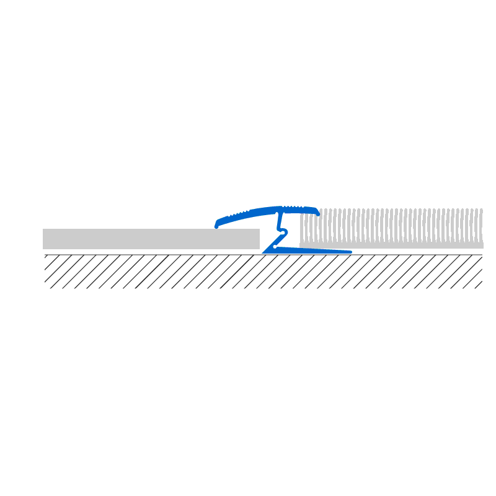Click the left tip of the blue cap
pos(216,226)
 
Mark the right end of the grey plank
pos(258,239)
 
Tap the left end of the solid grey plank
pos(44,239)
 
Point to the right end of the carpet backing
pos(482,245)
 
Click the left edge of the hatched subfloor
pos(45,272)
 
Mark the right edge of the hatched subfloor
pos(482,272)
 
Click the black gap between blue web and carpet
pos(293,236)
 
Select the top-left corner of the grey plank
pos(43,230)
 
